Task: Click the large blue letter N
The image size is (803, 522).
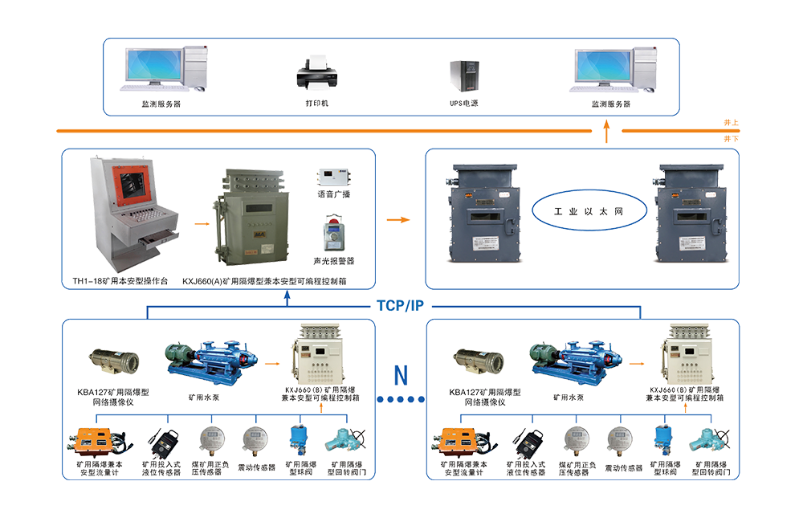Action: (x=399, y=374)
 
